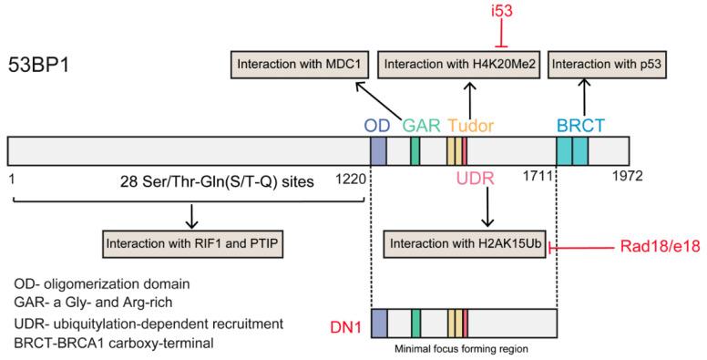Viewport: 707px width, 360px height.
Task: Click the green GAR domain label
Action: point(421,123)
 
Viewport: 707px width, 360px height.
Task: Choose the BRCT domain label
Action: point(579,123)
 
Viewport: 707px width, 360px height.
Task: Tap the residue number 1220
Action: point(350,181)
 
